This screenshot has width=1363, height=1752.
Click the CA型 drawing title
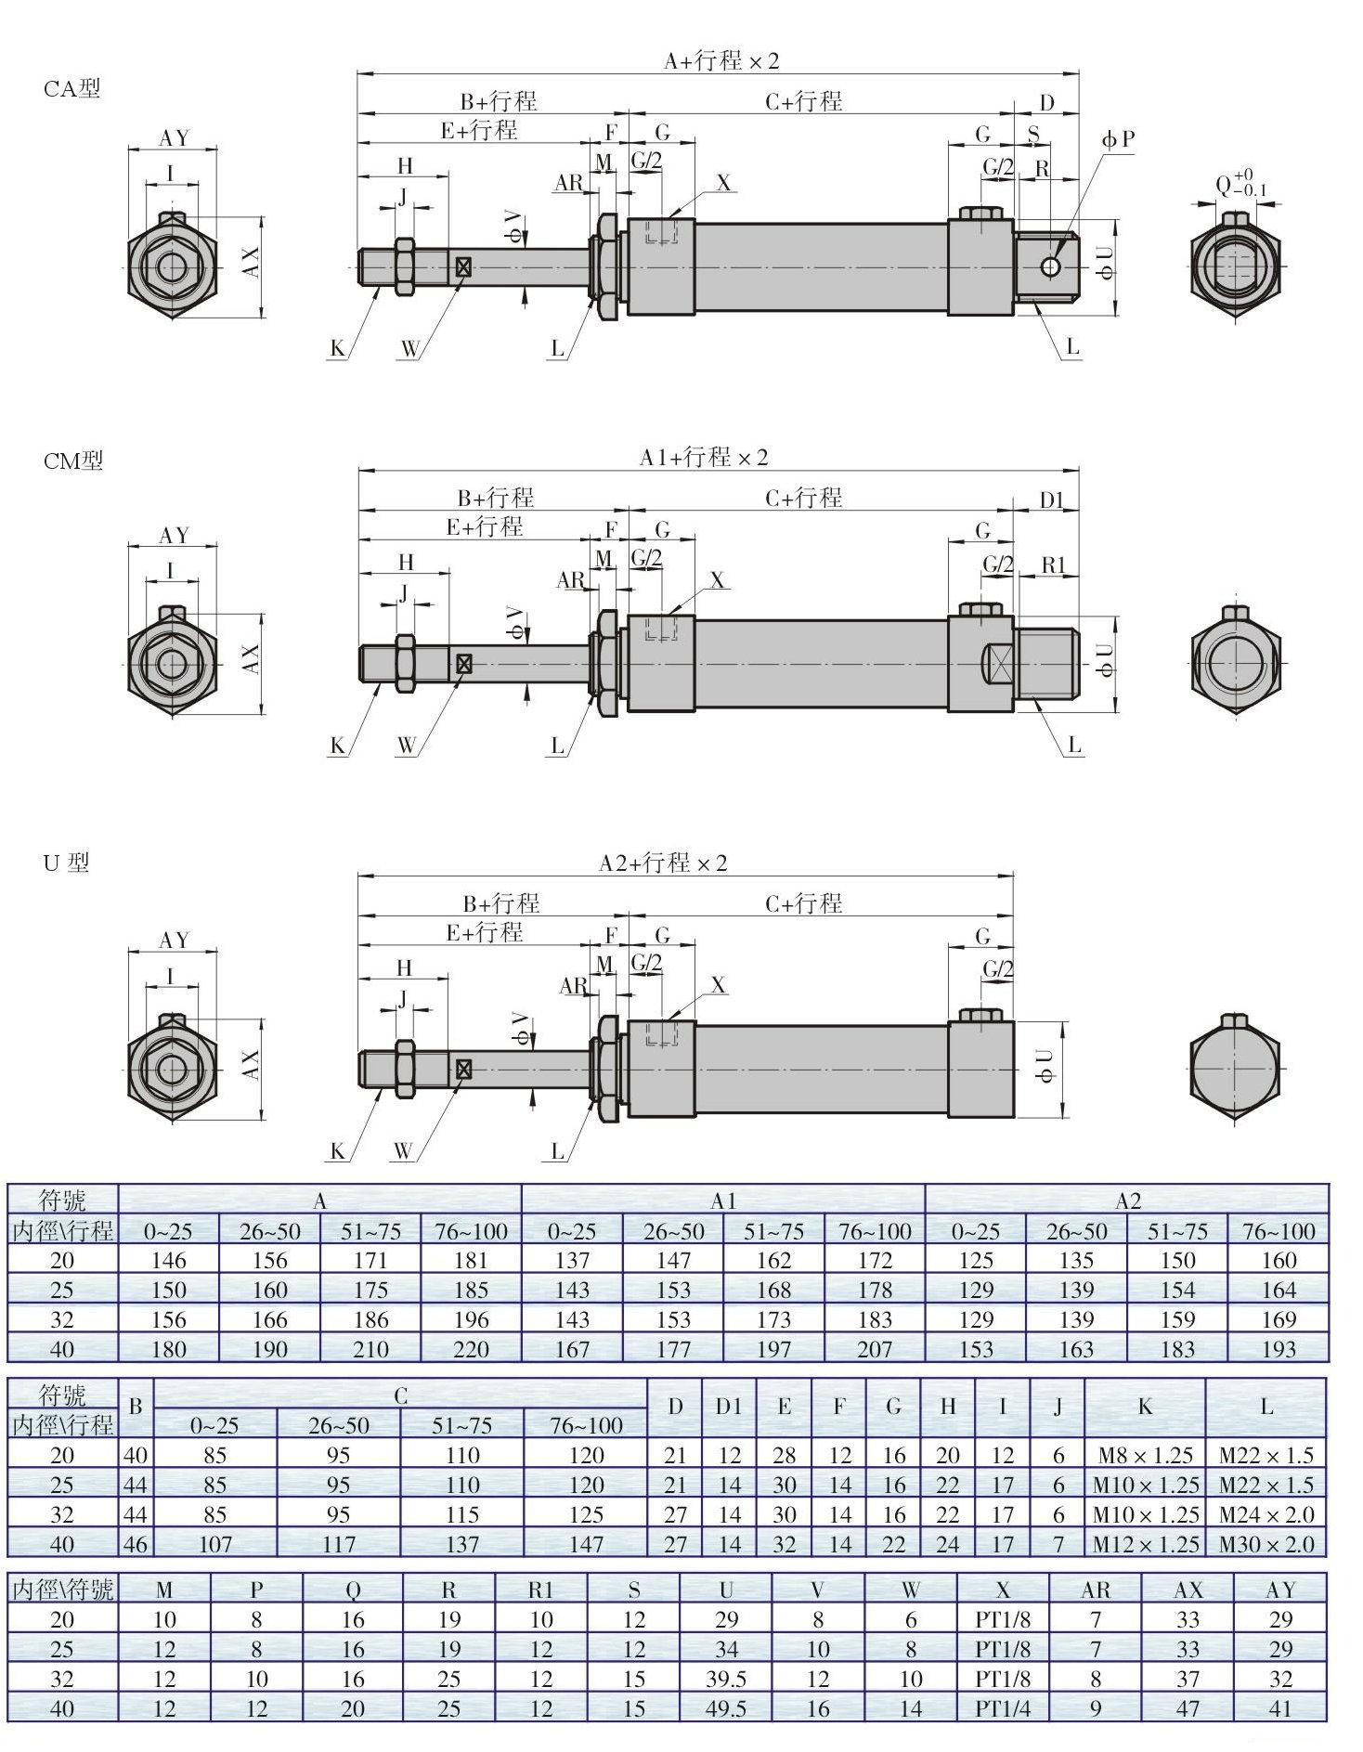(x=71, y=89)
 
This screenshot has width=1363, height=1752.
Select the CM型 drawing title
(x=73, y=461)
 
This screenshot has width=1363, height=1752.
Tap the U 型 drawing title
(x=66, y=863)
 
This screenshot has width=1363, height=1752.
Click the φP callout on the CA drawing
(x=1119, y=139)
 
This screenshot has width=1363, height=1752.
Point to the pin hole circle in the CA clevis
(x=1050, y=267)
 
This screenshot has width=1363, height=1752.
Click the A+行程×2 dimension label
(x=721, y=61)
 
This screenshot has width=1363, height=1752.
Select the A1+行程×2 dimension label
(x=704, y=458)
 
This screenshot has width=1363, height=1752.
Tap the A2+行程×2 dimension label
(x=663, y=863)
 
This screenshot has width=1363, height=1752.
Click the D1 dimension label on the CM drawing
(x=1051, y=500)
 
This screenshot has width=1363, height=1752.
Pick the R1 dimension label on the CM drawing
(x=1054, y=565)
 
